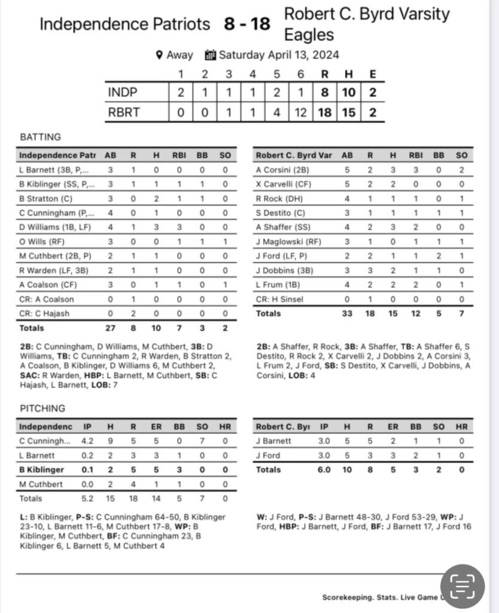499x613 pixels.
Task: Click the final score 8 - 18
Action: pyautogui.click(x=247, y=24)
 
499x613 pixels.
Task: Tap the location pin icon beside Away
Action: pyautogui.click(x=159, y=55)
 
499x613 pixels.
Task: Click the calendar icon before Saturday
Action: pyautogui.click(x=210, y=55)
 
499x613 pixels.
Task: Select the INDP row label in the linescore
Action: pyautogui.click(x=123, y=93)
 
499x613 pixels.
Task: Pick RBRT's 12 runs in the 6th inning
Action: pyautogui.click(x=300, y=112)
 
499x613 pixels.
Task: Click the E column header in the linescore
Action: pyautogui.click(x=373, y=74)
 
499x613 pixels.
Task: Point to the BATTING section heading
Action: pyautogui.click(x=41, y=137)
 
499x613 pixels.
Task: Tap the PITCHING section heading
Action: pyautogui.click(x=42, y=408)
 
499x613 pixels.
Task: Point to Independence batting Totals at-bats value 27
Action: pyautogui.click(x=111, y=328)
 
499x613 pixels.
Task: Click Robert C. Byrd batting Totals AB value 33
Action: pyautogui.click(x=347, y=313)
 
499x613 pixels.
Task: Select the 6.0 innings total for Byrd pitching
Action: pyautogui.click(x=324, y=470)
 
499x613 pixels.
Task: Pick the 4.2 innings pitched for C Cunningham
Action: pyautogui.click(x=87, y=441)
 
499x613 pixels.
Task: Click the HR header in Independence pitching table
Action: pyautogui.click(x=225, y=427)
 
